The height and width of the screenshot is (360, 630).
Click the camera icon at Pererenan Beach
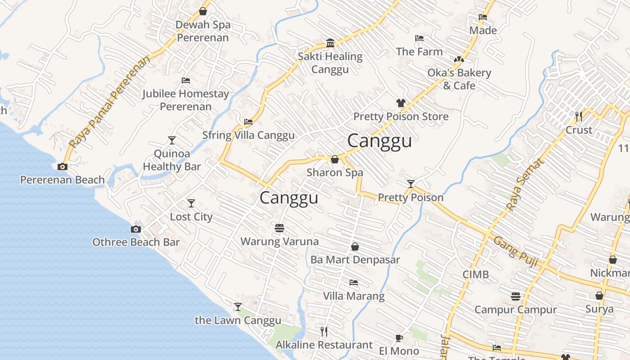[63, 166]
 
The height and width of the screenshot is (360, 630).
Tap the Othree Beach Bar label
[136, 242]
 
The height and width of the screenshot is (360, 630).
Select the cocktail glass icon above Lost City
[191, 203]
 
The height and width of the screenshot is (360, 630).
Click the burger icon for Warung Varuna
[279, 228]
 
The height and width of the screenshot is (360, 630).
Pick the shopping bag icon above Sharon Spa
[335, 159]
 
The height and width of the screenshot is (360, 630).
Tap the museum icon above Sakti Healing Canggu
[330, 43]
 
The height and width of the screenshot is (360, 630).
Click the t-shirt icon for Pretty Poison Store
[400, 103]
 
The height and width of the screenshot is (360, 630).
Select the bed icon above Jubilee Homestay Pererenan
[186, 81]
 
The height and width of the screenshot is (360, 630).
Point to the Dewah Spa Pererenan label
[203, 31]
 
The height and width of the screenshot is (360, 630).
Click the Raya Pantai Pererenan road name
[110, 103]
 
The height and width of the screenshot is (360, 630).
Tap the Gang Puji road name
[516, 251]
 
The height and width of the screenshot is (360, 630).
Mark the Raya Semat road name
[525, 184]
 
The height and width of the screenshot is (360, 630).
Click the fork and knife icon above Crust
[579, 117]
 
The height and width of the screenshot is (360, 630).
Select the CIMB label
[475, 274]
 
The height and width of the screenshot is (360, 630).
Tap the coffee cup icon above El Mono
[399, 338]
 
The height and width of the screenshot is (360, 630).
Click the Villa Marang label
[354, 296]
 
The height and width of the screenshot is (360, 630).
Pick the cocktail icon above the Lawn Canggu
[238, 307]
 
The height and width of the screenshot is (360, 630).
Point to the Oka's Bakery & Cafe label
[459, 79]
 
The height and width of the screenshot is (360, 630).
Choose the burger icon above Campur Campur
[516, 297]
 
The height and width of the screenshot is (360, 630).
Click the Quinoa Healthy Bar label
[172, 160]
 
